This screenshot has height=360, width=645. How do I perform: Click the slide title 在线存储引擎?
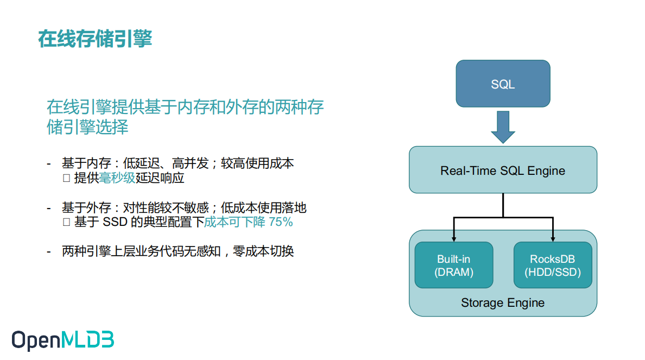click(95, 39)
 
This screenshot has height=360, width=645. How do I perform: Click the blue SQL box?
click(503, 84)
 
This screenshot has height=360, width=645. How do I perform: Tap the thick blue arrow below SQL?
click(503, 127)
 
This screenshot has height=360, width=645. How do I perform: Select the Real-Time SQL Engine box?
click(503, 170)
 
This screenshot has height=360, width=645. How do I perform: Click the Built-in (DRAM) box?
click(454, 265)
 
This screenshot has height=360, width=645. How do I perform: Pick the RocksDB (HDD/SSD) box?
click(553, 265)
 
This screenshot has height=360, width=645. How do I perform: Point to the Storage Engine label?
click(503, 302)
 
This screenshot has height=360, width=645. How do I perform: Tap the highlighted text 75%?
click(281, 222)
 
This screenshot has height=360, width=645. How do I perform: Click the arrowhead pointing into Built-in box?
click(454, 238)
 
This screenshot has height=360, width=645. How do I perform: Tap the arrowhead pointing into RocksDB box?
click(553, 238)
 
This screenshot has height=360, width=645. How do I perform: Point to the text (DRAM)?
click(454, 272)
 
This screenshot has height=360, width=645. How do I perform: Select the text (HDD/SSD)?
click(553, 272)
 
